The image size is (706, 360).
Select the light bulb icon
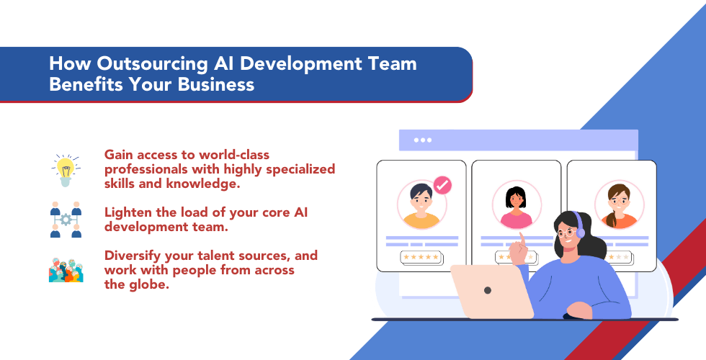[x=66, y=169]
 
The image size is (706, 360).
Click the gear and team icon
[x=66, y=220]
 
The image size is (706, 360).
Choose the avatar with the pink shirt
[x=516, y=206]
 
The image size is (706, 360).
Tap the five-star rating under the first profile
[x=421, y=256]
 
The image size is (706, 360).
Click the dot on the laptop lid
[x=488, y=290]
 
